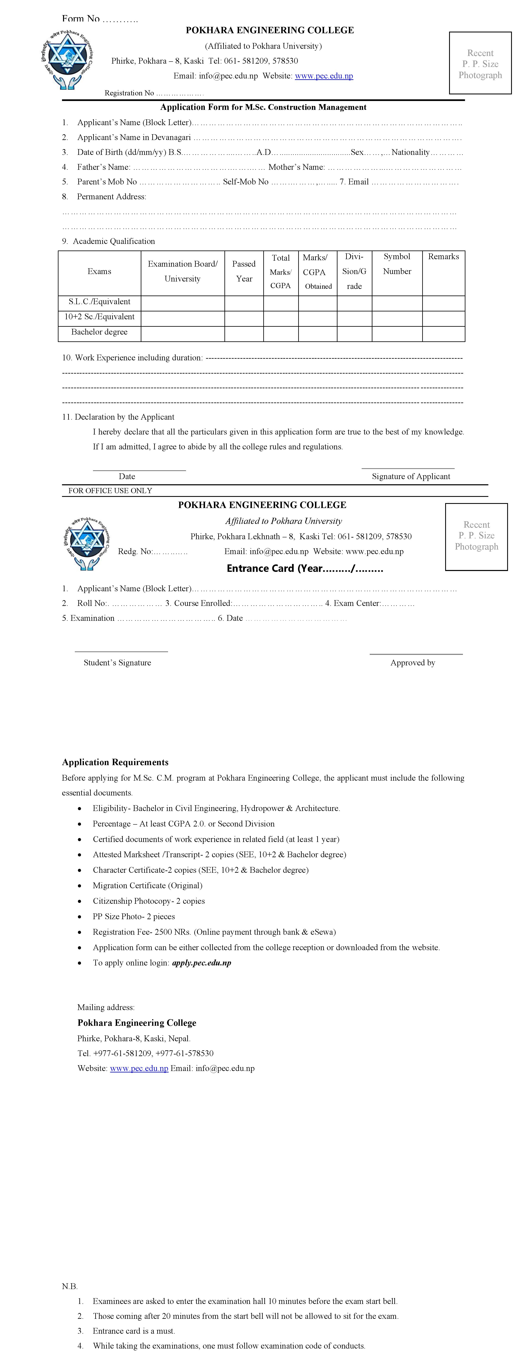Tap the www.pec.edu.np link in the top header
[324, 76]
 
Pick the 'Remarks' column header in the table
[443, 257]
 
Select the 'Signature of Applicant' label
[410, 476]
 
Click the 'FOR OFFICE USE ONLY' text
[110, 490]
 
